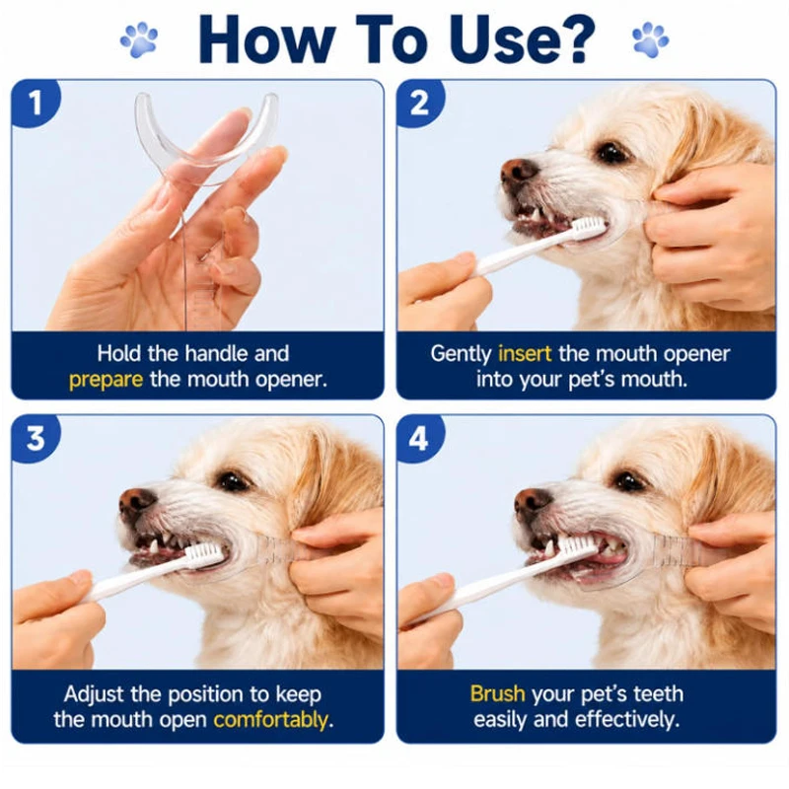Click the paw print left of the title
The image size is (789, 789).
click(x=139, y=39)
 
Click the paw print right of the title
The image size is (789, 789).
click(x=650, y=39)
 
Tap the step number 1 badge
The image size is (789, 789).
click(x=36, y=103)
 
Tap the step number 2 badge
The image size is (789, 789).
click(x=420, y=103)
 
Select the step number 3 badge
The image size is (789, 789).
click(x=36, y=438)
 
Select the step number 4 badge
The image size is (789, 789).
click(x=420, y=438)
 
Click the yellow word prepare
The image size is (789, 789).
click(x=106, y=380)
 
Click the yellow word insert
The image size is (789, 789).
click(x=525, y=354)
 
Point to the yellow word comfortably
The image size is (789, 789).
click(x=270, y=720)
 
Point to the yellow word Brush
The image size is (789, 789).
click(x=497, y=694)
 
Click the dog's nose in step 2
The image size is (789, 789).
click(x=519, y=172)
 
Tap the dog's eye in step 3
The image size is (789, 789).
click(x=233, y=480)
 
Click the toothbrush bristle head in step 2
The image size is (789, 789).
click(x=590, y=228)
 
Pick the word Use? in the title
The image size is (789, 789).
click(x=522, y=39)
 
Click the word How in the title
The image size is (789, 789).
click(x=266, y=39)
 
